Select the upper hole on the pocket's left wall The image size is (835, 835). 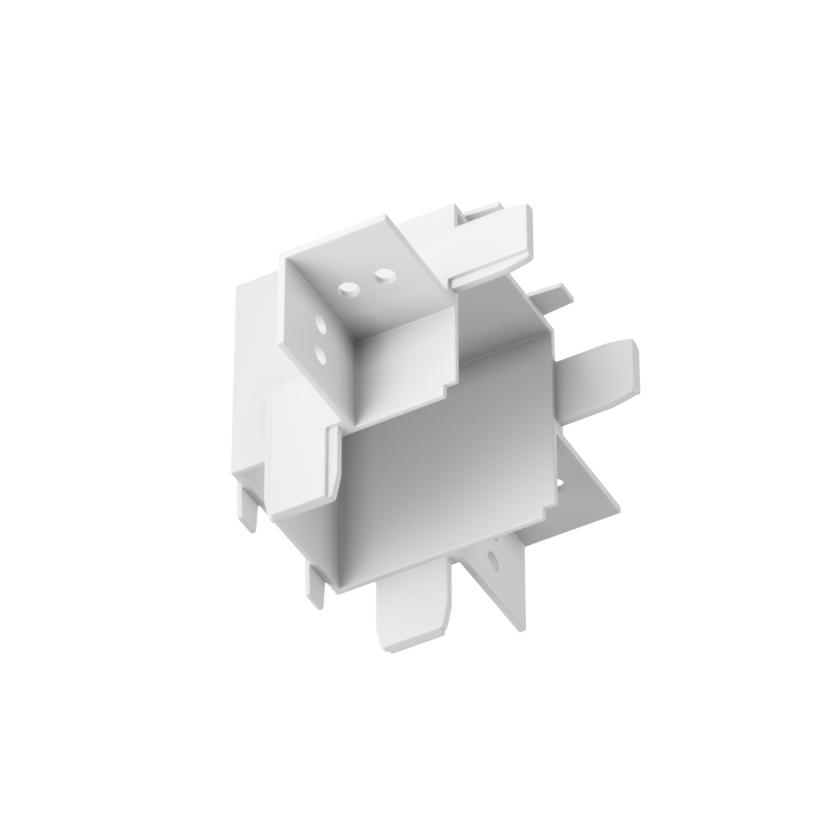(323, 325)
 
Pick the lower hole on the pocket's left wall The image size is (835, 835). (322, 355)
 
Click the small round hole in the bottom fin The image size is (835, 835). (493, 558)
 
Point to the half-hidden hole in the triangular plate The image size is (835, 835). (561, 482)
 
